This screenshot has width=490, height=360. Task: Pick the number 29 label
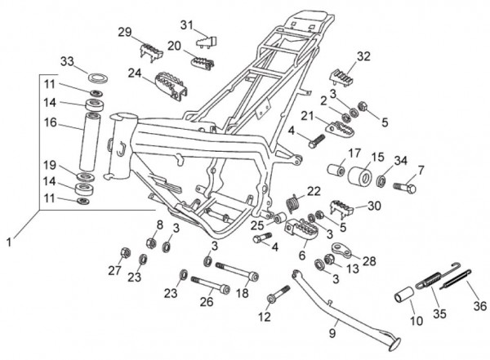point(125,32)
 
